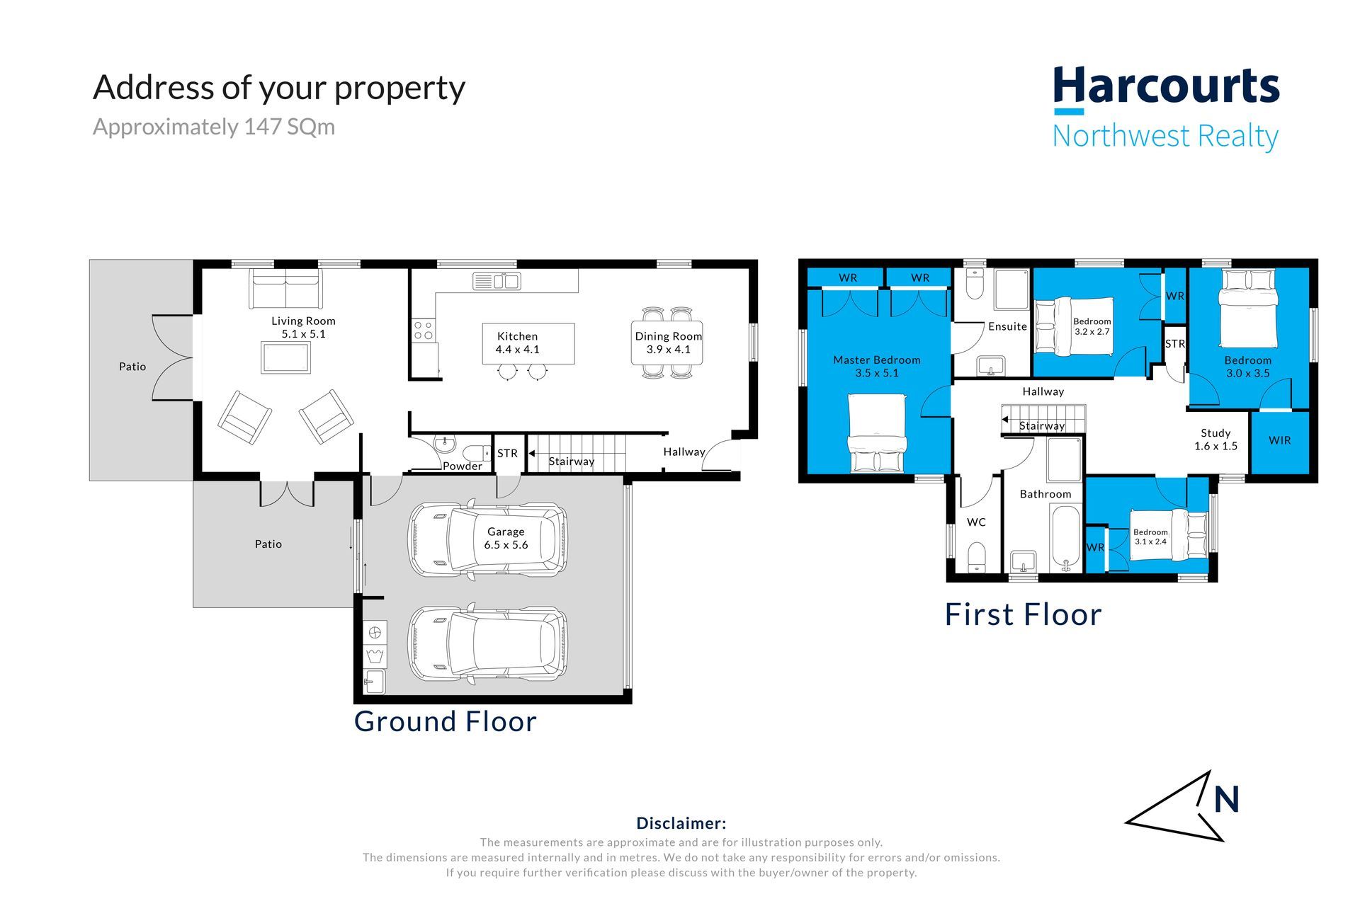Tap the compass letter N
pyautogui.click(x=1226, y=800)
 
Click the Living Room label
pyautogui.click(x=303, y=321)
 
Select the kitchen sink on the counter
pyautogui.click(x=497, y=281)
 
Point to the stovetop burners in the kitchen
pyautogui.click(x=424, y=331)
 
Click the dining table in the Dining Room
pyautogui.click(x=667, y=343)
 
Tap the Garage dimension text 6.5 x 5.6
pyautogui.click(x=506, y=545)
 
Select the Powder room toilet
pyautogui.click(x=477, y=452)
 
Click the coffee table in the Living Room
pyautogui.click(x=285, y=357)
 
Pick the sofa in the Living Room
pyautogui.click(x=284, y=287)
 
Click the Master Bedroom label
pyautogui.click(x=877, y=360)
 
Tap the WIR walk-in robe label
pyautogui.click(x=1279, y=440)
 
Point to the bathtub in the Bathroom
pyautogui.click(x=1066, y=539)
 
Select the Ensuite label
pyautogui.click(x=1007, y=326)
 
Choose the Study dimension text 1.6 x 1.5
pyautogui.click(x=1215, y=446)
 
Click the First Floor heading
pyautogui.click(x=1023, y=614)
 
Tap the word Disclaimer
pyautogui.click(x=681, y=823)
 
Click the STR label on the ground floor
pyautogui.click(x=507, y=453)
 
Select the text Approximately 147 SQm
pyautogui.click(x=214, y=127)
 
